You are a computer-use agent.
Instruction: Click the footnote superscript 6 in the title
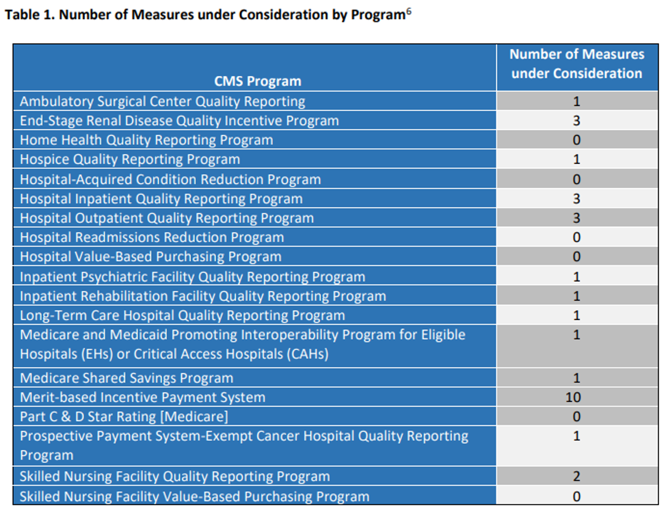(409, 12)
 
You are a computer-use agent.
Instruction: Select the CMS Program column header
(257, 81)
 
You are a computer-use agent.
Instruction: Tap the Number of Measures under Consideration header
(576, 64)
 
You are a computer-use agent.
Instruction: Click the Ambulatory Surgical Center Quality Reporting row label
(163, 101)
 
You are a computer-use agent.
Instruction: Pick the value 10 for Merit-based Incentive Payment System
(576, 397)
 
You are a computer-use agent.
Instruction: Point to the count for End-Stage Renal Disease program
(576, 120)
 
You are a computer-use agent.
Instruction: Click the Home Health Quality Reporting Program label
(146, 140)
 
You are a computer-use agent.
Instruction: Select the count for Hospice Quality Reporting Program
(576, 159)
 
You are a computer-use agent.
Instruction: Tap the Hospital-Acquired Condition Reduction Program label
(170, 179)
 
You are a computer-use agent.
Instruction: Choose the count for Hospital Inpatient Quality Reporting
(576, 198)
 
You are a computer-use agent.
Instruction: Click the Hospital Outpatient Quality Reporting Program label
(167, 218)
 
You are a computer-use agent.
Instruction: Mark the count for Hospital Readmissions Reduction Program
(576, 237)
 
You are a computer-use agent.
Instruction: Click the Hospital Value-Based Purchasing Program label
(150, 257)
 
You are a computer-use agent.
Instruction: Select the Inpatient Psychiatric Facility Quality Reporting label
(192, 277)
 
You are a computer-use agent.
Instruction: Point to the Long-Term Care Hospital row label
(182, 316)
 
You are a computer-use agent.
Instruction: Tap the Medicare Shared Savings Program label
(126, 378)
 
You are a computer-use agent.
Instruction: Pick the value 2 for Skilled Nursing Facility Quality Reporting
(576, 477)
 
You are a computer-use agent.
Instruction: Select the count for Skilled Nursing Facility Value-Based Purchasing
(576, 496)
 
